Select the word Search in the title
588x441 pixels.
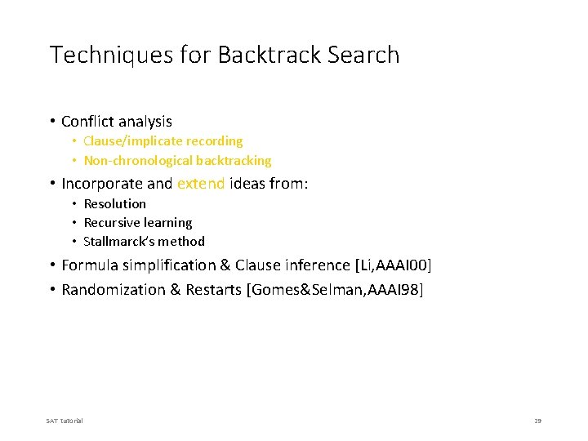[x=364, y=56]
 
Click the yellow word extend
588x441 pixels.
[x=200, y=184]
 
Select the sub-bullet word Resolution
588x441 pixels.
[x=114, y=203]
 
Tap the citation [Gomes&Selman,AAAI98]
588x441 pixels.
[x=335, y=290]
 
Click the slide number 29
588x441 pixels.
[x=537, y=421]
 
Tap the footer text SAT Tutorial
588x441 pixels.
[x=65, y=421]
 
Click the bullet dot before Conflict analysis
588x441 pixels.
[x=51, y=122]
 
